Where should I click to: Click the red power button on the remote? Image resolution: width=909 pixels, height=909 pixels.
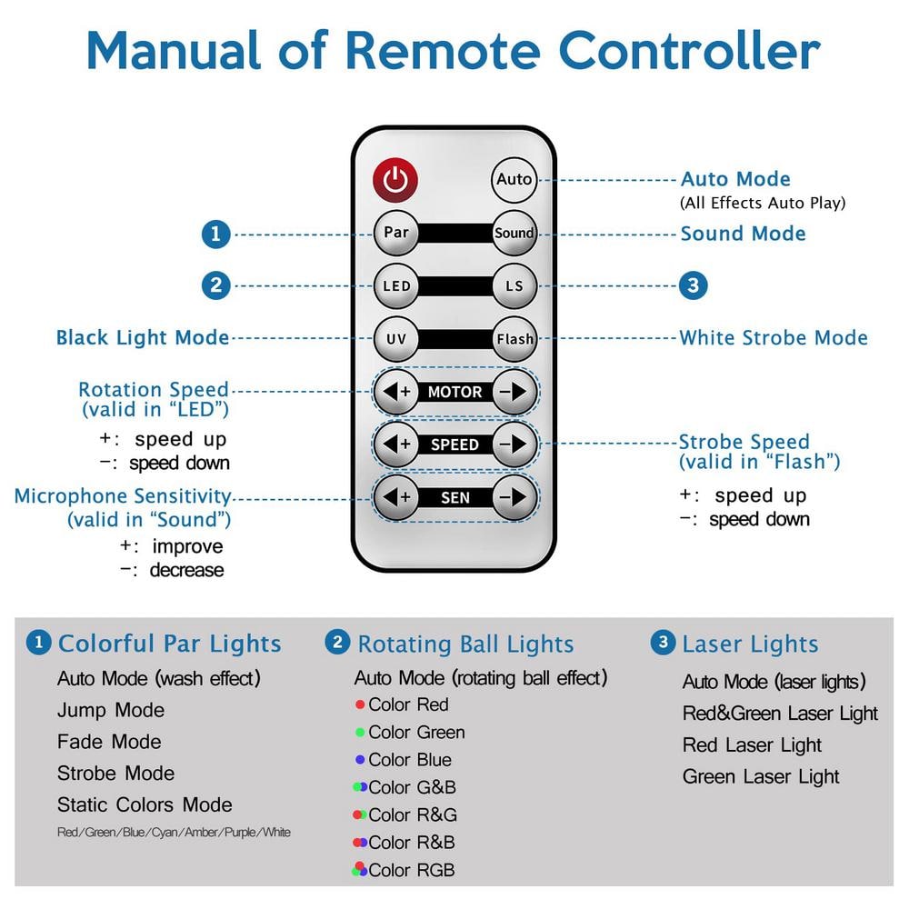(x=395, y=179)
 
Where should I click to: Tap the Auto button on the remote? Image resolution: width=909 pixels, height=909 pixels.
(x=514, y=179)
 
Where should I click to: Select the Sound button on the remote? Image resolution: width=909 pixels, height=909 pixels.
(x=514, y=233)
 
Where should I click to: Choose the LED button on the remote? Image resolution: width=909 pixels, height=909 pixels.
(x=396, y=285)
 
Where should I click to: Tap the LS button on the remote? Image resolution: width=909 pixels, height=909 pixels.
(x=514, y=285)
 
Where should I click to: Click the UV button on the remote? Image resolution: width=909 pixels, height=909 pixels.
(x=396, y=339)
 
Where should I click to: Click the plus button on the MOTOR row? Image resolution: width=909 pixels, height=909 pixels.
(x=396, y=392)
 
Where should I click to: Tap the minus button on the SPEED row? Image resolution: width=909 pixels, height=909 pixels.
(x=514, y=445)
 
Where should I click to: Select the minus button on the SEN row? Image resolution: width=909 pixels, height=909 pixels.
(x=514, y=497)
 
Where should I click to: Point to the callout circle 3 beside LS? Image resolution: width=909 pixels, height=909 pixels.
(x=693, y=285)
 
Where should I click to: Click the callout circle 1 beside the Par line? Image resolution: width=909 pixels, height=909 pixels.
(x=215, y=234)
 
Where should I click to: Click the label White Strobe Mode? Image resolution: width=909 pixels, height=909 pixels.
(x=774, y=338)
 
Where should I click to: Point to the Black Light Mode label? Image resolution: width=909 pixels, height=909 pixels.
(x=143, y=338)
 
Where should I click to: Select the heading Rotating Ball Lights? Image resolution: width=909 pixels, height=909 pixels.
(x=465, y=644)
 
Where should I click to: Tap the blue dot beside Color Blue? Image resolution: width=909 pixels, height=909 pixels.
(x=360, y=760)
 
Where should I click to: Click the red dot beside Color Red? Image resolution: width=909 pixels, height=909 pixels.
(x=360, y=704)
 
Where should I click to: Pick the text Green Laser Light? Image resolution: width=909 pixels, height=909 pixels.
(x=761, y=776)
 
